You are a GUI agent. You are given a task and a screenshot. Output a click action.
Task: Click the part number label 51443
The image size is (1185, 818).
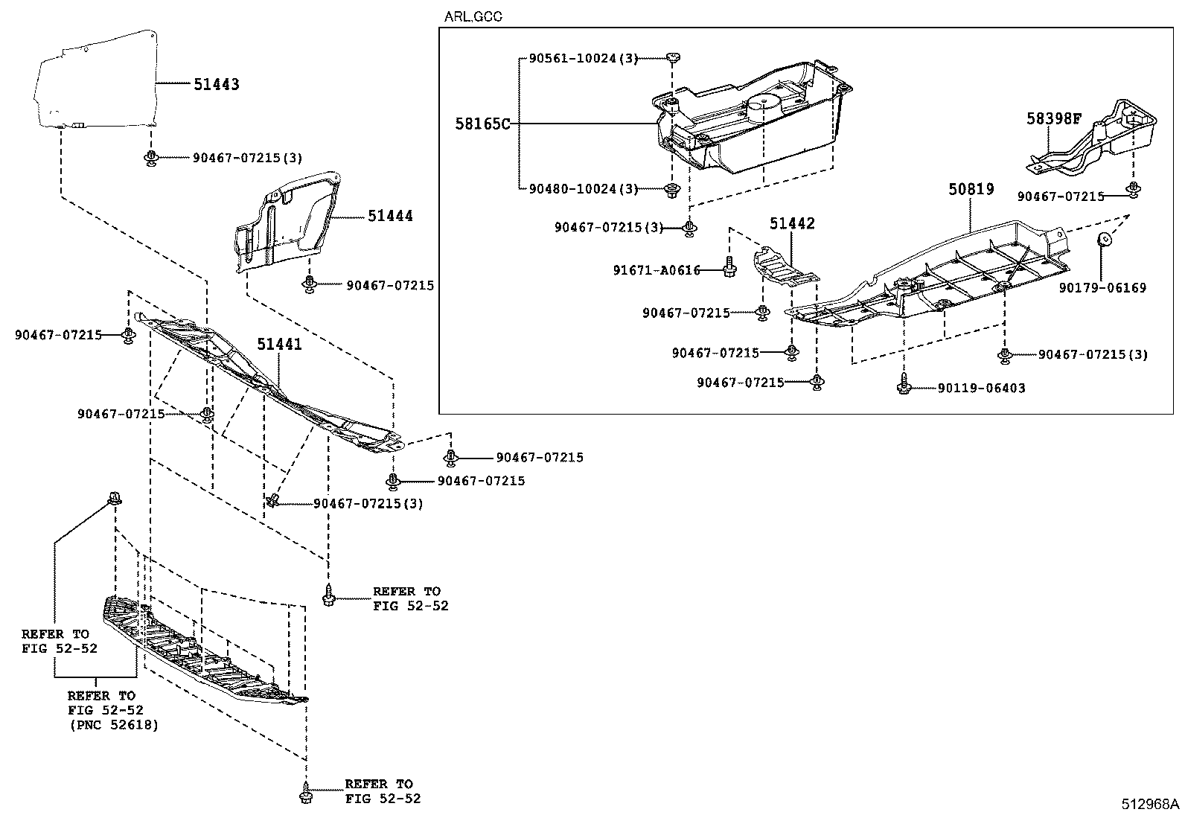point(217,85)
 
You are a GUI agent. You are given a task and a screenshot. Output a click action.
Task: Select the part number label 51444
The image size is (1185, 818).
point(390,216)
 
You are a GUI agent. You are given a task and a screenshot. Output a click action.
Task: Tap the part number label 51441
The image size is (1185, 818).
point(280,344)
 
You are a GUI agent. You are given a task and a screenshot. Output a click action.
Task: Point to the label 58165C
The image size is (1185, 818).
point(483,124)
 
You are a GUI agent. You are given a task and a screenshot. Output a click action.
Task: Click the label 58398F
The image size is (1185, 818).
point(1053,118)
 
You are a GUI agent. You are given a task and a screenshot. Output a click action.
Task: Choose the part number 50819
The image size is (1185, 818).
point(971,190)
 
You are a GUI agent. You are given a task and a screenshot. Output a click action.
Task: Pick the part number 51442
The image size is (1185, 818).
point(792,223)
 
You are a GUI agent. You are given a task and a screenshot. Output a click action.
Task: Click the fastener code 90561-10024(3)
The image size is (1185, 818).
point(584,58)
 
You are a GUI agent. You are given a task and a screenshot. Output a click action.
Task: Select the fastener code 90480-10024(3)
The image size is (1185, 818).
point(584,189)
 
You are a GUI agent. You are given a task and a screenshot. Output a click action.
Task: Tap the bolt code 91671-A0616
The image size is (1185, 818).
point(657,271)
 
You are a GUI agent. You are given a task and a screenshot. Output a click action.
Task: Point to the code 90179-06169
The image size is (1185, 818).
point(1103,287)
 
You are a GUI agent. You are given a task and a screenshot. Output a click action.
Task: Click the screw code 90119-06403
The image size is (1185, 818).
point(981,388)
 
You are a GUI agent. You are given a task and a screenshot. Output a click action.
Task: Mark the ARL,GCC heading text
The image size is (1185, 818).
point(473,16)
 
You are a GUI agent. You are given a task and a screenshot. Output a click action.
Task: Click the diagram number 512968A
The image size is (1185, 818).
point(1151,804)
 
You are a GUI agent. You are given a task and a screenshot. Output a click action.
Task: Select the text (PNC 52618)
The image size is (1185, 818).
point(113,724)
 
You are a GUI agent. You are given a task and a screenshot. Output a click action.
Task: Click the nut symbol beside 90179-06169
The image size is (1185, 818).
point(1105,240)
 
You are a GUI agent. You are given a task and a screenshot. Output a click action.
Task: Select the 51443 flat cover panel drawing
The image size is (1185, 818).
point(95,78)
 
